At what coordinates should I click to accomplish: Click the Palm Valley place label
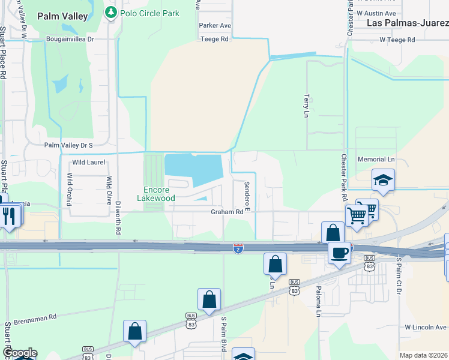click(63, 16)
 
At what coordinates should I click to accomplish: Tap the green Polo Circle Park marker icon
click(110, 13)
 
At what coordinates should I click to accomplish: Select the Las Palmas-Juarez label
click(408, 23)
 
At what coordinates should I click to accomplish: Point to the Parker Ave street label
click(215, 26)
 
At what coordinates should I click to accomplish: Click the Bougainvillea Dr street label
click(70, 39)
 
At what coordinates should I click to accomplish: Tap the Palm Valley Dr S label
click(68, 145)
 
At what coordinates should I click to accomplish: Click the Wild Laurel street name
click(88, 162)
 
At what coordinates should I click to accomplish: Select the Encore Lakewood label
click(156, 194)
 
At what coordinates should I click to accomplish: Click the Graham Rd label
click(226, 212)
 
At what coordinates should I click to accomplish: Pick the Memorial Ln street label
click(376, 160)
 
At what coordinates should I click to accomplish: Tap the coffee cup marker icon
click(339, 253)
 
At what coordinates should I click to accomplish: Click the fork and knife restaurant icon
click(8, 215)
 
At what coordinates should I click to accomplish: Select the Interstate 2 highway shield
click(238, 248)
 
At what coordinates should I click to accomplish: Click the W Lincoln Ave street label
click(426, 327)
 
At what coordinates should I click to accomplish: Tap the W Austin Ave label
click(376, 13)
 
